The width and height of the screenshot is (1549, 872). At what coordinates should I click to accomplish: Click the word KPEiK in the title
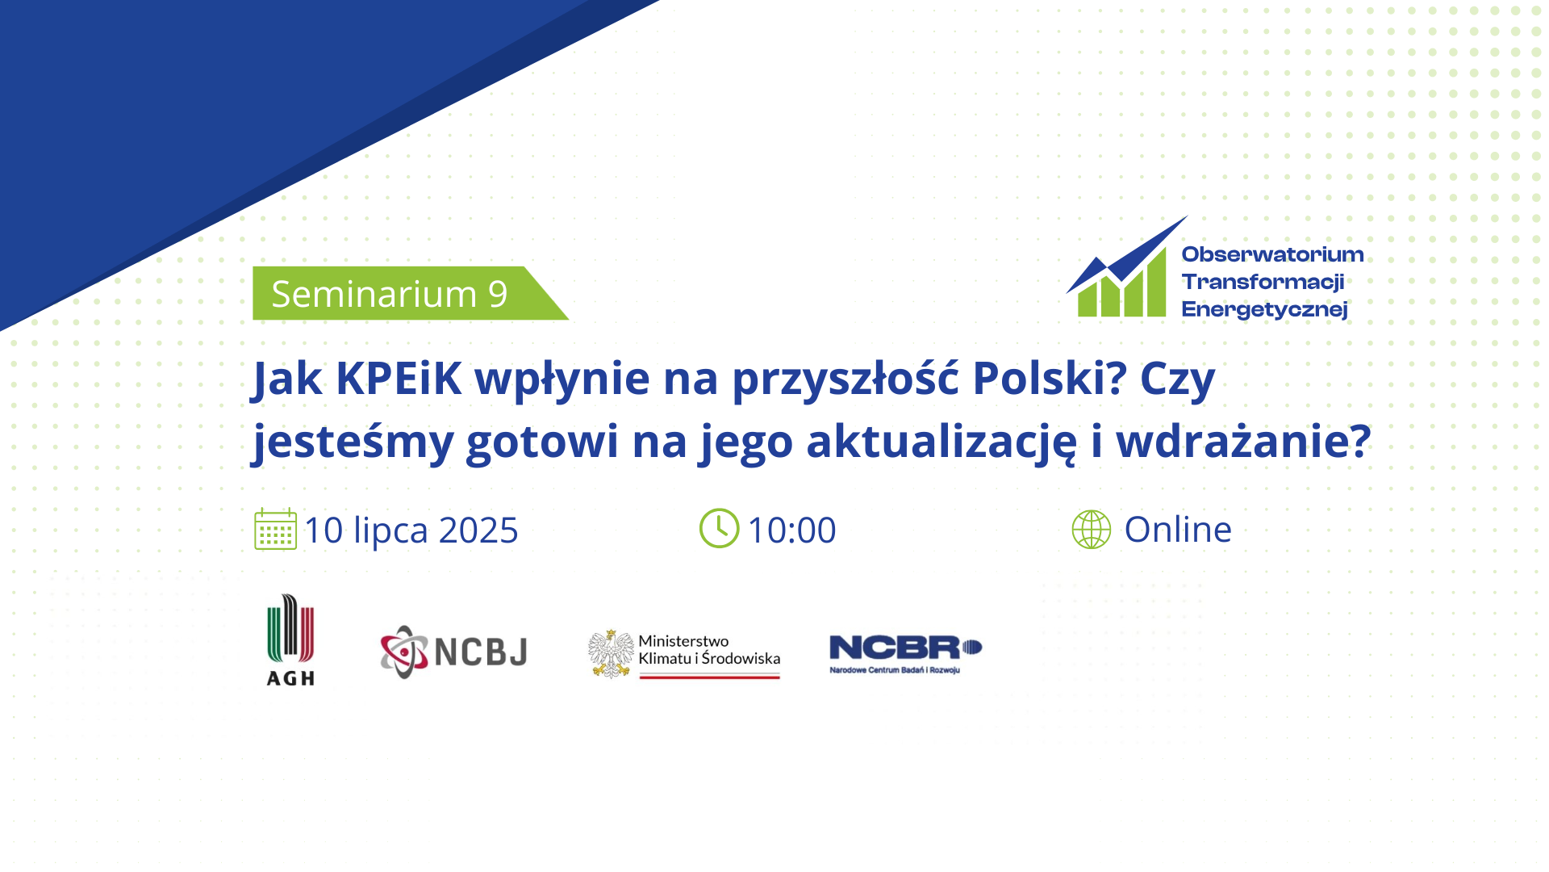tap(399, 378)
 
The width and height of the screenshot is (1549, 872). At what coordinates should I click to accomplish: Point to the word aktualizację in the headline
tap(942, 442)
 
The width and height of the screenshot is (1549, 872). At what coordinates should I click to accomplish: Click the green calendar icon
tap(276, 530)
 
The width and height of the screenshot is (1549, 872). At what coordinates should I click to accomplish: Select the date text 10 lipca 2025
tap(411, 531)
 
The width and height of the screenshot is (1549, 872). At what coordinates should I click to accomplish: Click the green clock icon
tap(719, 528)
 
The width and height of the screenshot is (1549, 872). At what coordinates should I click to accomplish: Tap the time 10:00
tap(792, 530)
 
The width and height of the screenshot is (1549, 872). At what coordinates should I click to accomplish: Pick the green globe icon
tap(1092, 530)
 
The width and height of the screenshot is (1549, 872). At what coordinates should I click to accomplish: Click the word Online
tap(1178, 530)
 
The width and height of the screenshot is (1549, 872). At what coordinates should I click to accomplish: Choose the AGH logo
tap(290, 640)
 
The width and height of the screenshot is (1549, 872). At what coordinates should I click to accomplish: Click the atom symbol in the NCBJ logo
tap(404, 652)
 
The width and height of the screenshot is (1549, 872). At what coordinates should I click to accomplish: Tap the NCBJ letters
tap(481, 652)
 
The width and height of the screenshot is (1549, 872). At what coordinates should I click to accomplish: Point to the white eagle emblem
tap(611, 654)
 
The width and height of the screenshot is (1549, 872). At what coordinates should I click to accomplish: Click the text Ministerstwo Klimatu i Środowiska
tap(709, 650)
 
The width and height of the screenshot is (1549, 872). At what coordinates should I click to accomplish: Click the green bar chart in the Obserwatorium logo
tap(1122, 283)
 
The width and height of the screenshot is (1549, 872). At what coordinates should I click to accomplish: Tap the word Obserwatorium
tap(1272, 254)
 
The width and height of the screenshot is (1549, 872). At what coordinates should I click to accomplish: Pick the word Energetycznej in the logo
tap(1264, 310)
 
